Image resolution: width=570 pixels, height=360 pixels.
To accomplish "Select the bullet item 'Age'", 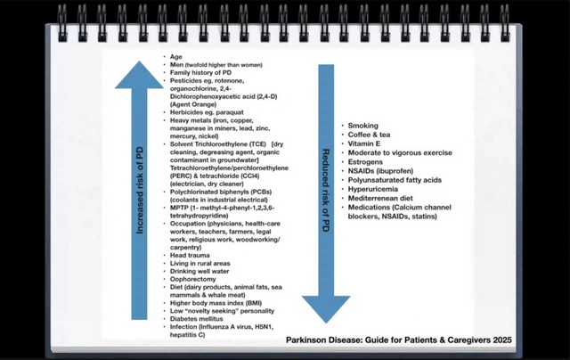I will (176, 56).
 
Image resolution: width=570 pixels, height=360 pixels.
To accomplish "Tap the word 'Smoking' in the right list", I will (362, 126).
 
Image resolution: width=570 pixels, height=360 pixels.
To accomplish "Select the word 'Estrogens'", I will (366, 161).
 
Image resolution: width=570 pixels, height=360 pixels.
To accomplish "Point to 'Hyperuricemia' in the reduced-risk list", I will (372, 189).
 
